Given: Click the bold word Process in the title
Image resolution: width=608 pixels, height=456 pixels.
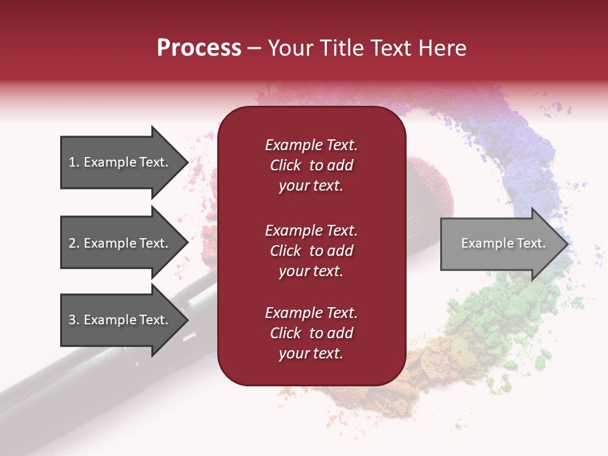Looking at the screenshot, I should [199, 48].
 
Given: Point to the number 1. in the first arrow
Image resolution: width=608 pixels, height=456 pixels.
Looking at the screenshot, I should [74, 162].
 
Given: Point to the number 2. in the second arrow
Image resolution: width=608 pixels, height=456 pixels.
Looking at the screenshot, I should [74, 243].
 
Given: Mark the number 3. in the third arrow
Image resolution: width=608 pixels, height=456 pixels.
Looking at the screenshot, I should [74, 320].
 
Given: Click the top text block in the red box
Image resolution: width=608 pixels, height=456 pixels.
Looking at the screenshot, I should [311, 165].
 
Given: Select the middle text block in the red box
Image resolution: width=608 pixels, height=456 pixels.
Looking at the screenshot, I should [311, 251].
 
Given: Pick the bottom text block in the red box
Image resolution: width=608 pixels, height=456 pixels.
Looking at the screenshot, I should [311, 333].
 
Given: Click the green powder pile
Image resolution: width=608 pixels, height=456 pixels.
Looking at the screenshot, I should [500, 310].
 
